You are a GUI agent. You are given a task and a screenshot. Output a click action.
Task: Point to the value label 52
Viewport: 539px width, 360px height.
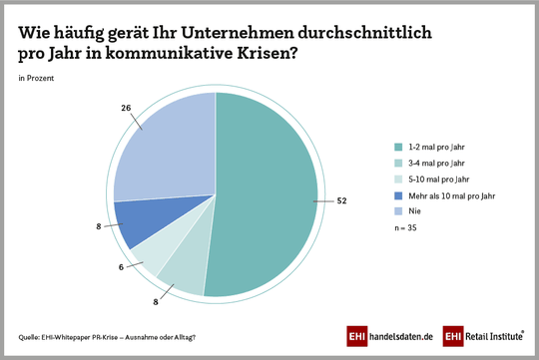tap(340, 200)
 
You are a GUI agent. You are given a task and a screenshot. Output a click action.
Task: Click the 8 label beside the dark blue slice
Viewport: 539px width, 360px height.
tap(100, 227)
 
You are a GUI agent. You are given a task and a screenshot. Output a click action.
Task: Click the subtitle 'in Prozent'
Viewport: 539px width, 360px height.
tap(36, 77)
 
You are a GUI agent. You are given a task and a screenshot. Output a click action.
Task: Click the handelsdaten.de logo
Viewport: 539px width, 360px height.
tap(390, 337)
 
